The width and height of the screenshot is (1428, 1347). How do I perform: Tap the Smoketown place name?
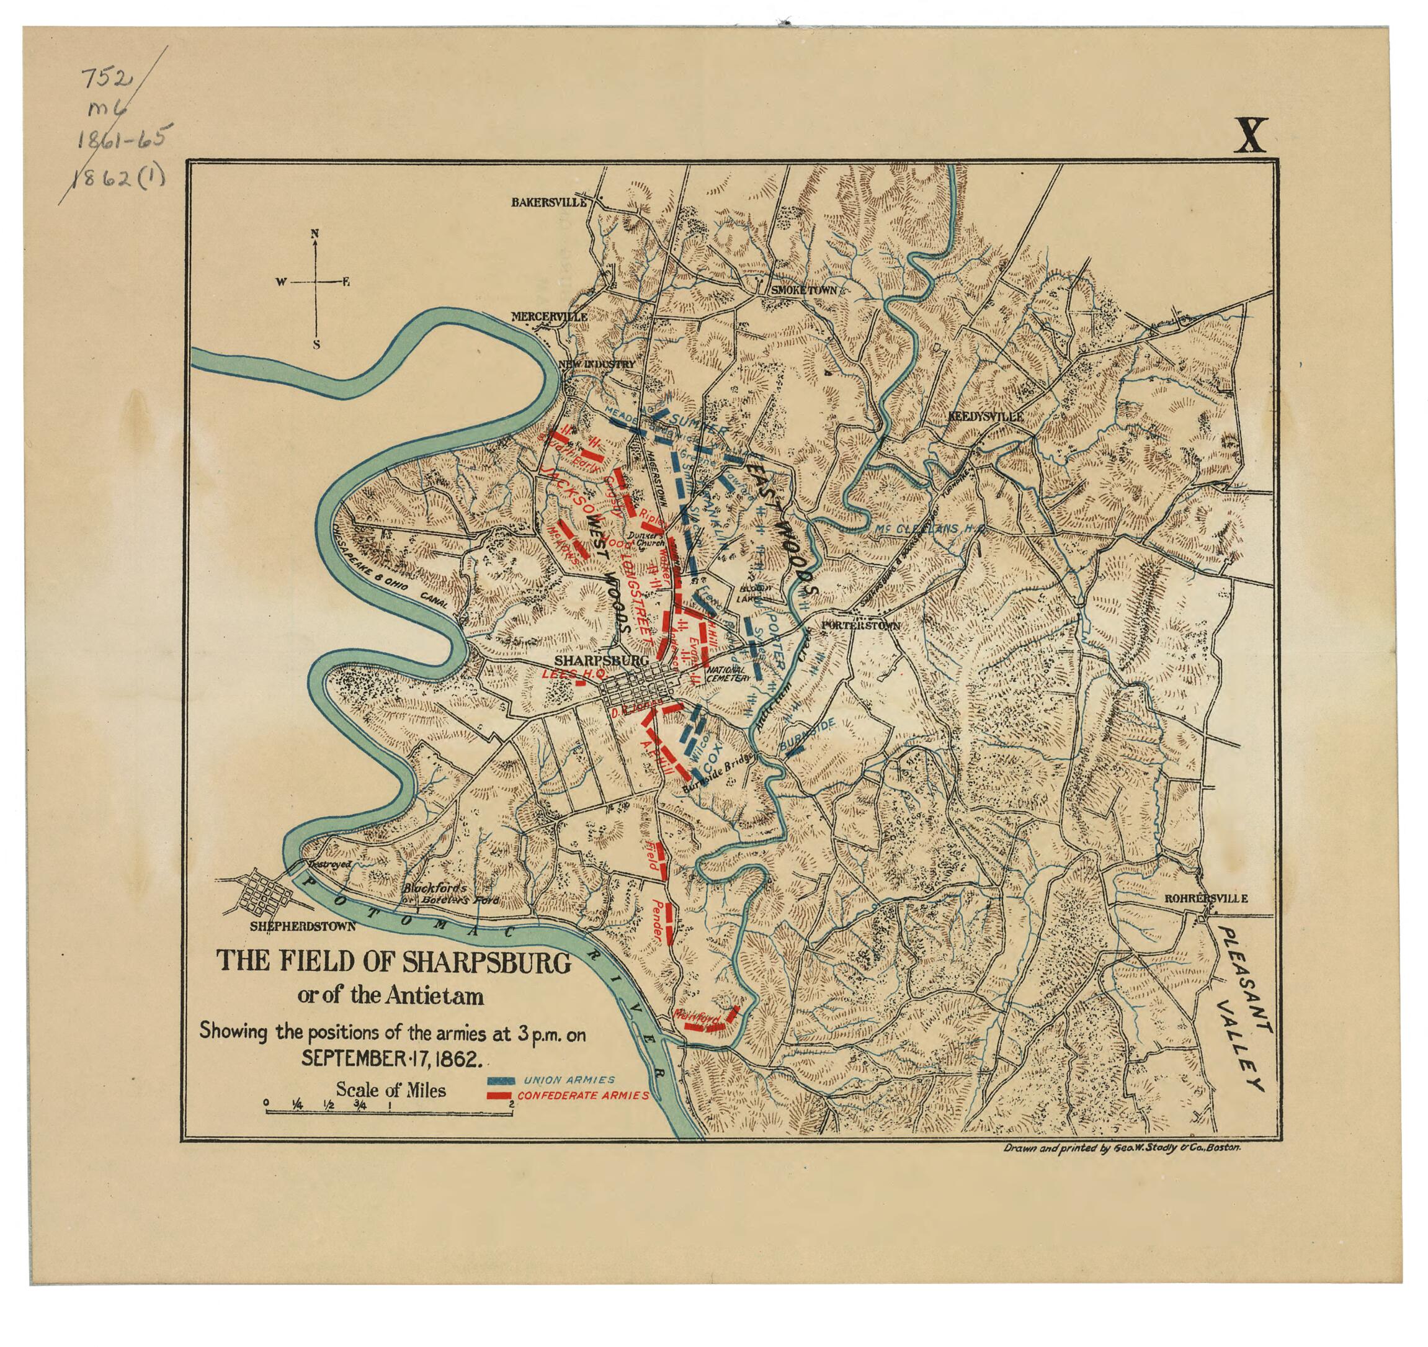tap(804, 290)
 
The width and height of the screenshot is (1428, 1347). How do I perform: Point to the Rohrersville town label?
tap(1205, 898)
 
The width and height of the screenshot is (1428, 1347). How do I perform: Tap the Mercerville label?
tap(549, 316)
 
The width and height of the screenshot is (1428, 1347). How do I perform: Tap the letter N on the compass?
tap(315, 233)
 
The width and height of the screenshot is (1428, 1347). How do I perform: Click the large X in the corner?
tap(1250, 136)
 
